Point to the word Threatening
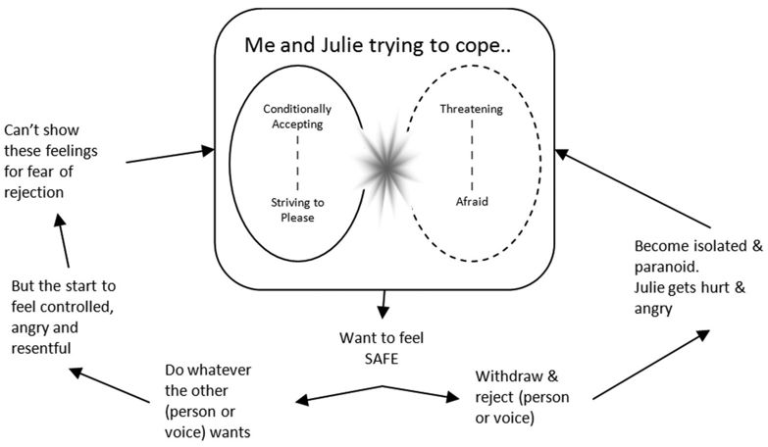pyautogui.click(x=471, y=109)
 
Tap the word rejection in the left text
pyautogui.click(x=34, y=192)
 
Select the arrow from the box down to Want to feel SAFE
pyautogui.click(x=382, y=309)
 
